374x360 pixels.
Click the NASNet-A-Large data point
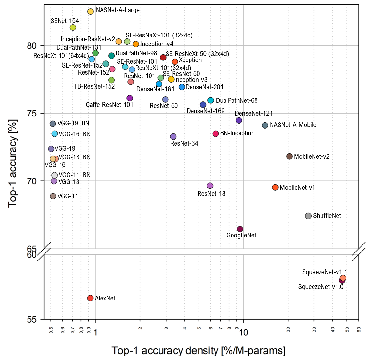pyautogui.click(x=91, y=12)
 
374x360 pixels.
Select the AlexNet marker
pyautogui.click(x=90, y=298)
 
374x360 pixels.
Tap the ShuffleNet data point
pyautogui.click(x=308, y=216)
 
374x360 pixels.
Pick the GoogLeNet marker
pyautogui.click(x=240, y=229)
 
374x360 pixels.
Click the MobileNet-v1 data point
pyautogui.click(x=275, y=188)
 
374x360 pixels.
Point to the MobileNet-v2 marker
pyautogui.click(x=289, y=156)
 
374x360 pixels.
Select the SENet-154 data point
pyautogui.click(x=73, y=28)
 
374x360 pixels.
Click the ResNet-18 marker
pyautogui.click(x=210, y=186)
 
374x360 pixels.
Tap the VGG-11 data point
pyautogui.click(x=53, y=196)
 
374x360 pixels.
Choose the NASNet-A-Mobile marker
pyautogui.click(x=265, y=125)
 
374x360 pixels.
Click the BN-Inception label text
pyautogui.click(x=237, y=133)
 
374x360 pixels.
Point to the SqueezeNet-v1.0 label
pyautogui.click(x=321, y=287)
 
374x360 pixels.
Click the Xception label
pyautogui.click(x=190, y=60)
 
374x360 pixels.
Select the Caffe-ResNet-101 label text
pyautogui.click(x=110, y=105)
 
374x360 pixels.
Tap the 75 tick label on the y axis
pyautogui.click(x=32, y=114)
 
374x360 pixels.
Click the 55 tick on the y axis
pyautogui.click(x=32, y=319)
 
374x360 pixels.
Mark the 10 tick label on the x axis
pyautogui.click(x=244, y=332)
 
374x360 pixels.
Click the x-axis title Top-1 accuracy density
pyautogui.click(x=199, y=351)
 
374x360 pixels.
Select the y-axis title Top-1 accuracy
pyautogui.click(x=13, y=163)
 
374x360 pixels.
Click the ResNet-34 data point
pyautogui.click(x=173, y=137)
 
